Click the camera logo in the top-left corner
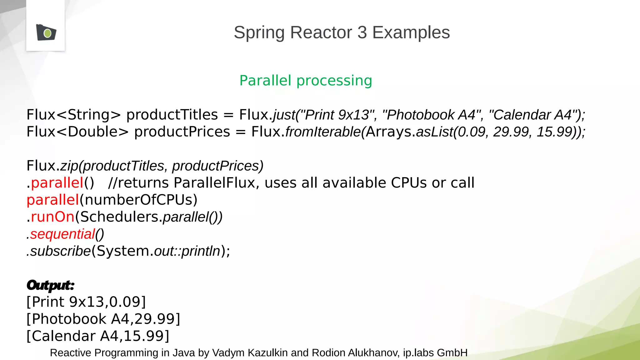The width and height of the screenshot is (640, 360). pyautogui.click(x=46, y=32)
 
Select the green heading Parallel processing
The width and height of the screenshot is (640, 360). pyautogui.click(x=306, y=81)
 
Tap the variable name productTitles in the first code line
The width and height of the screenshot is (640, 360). pyautogui.click(x=172, y=115)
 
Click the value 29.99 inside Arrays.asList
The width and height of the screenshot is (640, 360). pyautogui.click(x=511, y=132)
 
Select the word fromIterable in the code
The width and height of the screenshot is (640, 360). pyautogui.click(x=323, y=132)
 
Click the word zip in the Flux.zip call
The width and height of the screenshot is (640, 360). pyautogui.click(x=69, y=166)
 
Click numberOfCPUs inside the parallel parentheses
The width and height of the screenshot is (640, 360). pyautogui.click(x=138, y=200)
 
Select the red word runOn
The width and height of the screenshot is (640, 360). pyautogui.click(x=52, y=217)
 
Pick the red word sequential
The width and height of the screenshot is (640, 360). pyautogui.click(x=62, y=234)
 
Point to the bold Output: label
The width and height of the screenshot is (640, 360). pyautogui.click(x=50, y=285)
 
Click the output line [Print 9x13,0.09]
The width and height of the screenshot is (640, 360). pyautogui.click(x=86, y=302)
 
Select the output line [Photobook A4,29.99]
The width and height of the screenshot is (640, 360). pyautogui.click(x=103, y=319)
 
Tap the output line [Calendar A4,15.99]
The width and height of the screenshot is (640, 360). pyautogui.click(x=98, y=336)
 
